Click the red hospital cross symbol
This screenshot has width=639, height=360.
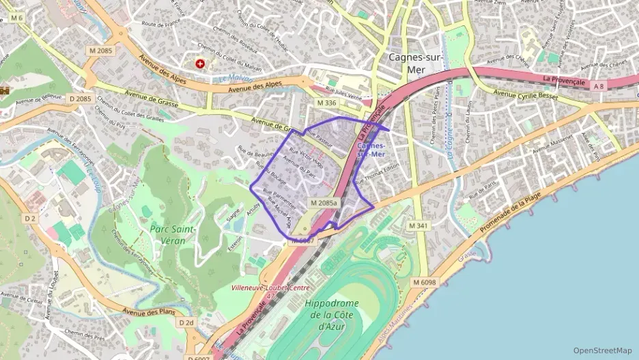(200, 64)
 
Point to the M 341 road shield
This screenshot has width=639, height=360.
(418, 225)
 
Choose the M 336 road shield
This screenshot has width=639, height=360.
(327, 102)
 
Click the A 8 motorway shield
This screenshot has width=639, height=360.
(599, 85)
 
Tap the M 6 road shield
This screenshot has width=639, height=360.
(16, 17)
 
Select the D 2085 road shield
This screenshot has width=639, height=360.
(80, 99)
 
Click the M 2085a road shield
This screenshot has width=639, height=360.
(324, 203)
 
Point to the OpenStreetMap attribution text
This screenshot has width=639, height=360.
(603, 350)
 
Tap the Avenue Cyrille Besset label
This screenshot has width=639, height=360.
(525, 96)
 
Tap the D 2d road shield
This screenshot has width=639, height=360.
(186, 322)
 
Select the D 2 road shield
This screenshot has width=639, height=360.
(29, 218)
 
